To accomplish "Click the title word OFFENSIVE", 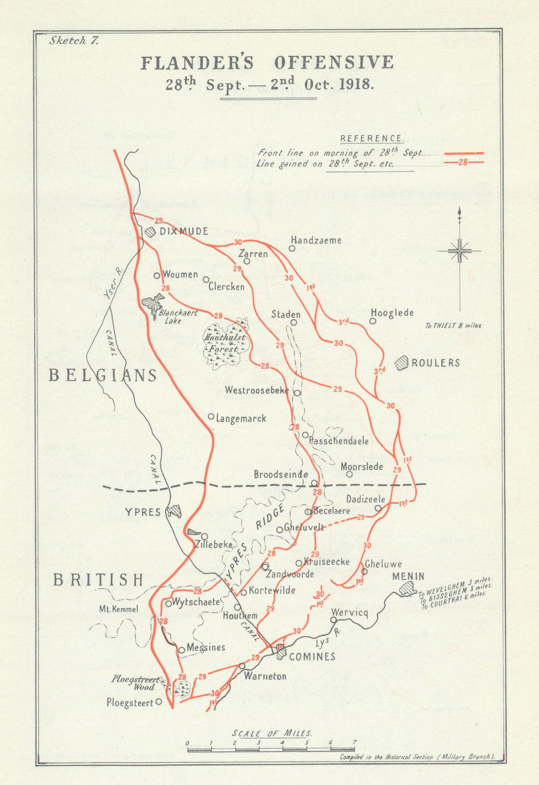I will [334, 63].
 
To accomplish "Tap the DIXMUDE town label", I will [183, 231].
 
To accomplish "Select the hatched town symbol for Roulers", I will [402, 363].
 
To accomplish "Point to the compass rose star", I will [459, 251].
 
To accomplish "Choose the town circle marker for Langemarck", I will [211, 416].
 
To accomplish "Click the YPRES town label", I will [143, 512].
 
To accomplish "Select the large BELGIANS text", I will [102, 375].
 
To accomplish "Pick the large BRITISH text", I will [99, 580].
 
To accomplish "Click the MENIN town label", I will [408, 577].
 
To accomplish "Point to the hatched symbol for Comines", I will [280, 652].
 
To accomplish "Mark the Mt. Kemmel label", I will [119, 609].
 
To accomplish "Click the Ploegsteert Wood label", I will [133, 683].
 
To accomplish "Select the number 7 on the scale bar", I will [354, 742].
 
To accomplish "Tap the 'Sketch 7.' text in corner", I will [74, 40].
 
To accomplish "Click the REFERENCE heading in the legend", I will [371, 139].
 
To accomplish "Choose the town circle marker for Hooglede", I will [372, 321].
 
